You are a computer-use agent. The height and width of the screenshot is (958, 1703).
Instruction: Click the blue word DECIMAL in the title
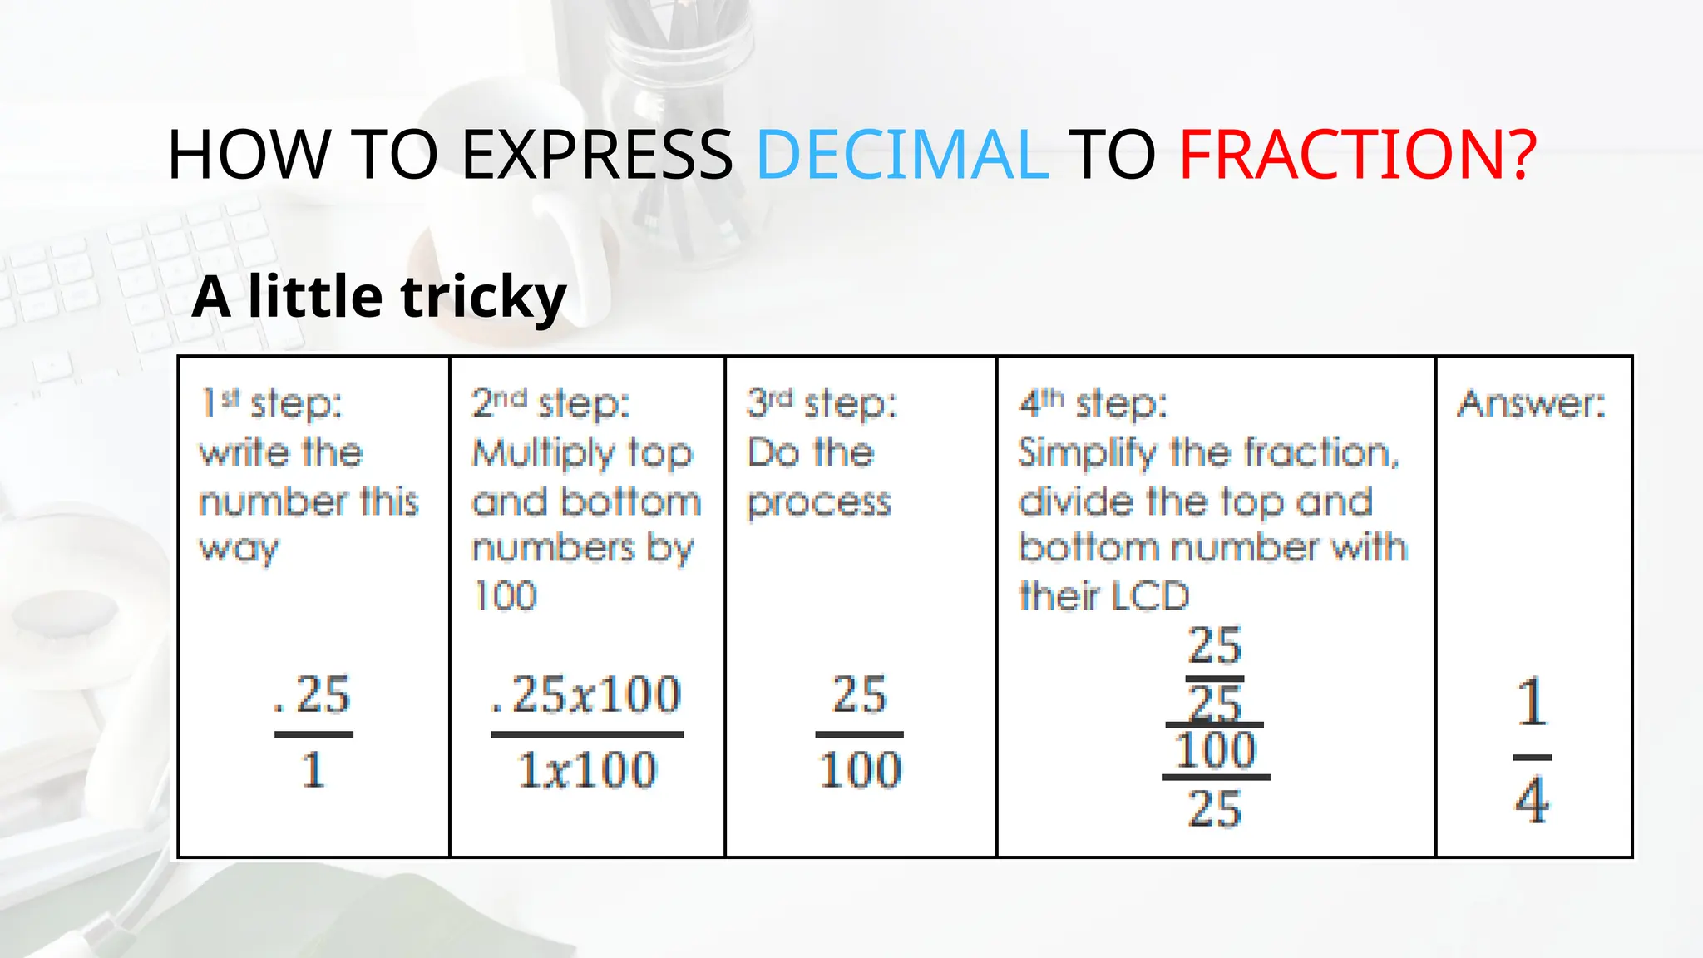tap(901, 155)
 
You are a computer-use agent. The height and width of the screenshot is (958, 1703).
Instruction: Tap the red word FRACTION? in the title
tap(1357, 155)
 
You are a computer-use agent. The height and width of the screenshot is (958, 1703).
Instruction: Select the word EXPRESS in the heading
tap(596, 155)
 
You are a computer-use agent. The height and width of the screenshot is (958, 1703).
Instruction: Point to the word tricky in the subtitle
tap(483, 298)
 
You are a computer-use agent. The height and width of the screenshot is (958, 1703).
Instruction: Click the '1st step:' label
tap(271, 404)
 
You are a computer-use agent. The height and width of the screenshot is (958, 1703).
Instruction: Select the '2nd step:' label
tap(550, 404)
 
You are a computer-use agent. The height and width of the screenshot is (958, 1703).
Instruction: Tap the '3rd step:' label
tap(822, 404)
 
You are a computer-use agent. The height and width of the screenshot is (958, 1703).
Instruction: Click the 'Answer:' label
tap(1531, 404)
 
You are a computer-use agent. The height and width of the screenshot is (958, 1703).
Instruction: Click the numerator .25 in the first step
tap(313, 695)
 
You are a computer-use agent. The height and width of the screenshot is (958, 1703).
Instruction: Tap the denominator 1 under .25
tap(313, 770)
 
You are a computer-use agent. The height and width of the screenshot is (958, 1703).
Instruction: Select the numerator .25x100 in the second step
tap(586, 695)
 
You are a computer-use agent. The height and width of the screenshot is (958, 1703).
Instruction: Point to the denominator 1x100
tap(587, 770)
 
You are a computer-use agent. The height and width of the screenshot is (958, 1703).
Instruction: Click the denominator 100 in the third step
tap(860, 770)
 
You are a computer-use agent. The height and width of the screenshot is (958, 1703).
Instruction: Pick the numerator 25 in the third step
tap(860, 695)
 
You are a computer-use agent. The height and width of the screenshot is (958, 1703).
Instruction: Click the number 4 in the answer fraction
tap(1532, 800)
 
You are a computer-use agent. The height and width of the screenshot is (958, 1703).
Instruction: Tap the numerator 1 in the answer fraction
tap(1532, 704)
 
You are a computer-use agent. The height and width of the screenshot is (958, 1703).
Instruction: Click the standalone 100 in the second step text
tap(505, 596)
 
